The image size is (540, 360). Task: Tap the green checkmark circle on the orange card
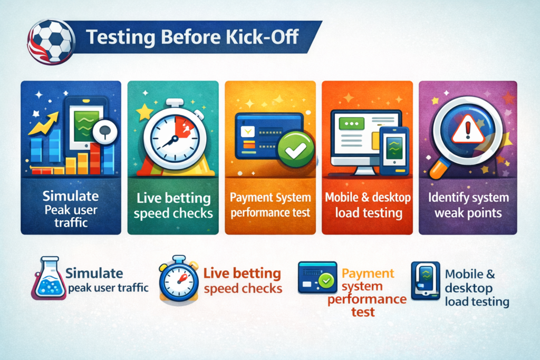click(x=296, y=149)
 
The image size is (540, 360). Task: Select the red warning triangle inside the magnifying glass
click(x=468, y=129)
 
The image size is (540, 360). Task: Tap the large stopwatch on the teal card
click(x=175, y=137)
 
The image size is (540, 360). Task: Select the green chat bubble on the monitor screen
click(x=351, y=123)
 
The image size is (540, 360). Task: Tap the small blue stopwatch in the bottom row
click(x=179, y=279)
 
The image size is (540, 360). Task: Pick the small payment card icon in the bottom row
click(x=317, y=277)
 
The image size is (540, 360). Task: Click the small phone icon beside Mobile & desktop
click(x=426, y=280)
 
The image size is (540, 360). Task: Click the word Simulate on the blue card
click(x=71, y=196)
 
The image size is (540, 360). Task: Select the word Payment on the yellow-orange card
click(x=250, y=198)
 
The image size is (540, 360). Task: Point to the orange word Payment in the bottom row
click(x=368, y=273)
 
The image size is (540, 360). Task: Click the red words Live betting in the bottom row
click(x=242, y=274)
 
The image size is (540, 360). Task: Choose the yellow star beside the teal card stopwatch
click(x=144, y=112)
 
